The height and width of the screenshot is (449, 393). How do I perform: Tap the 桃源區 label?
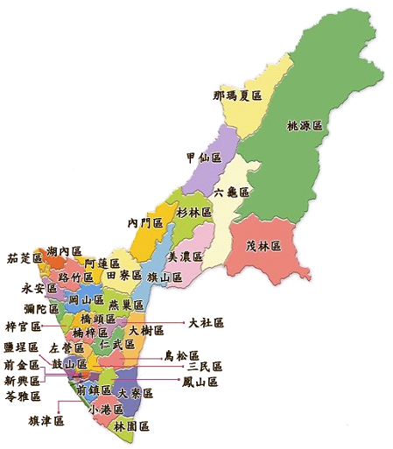click(305, 126)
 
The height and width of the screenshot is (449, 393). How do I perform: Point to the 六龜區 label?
click(233, 192)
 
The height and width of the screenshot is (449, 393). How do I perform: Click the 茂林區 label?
click(263, 245)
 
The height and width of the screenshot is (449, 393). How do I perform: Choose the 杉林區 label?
click(194, 213)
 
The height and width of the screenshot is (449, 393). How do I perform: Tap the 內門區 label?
click(145, 223)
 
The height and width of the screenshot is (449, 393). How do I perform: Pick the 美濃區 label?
click(185, 256)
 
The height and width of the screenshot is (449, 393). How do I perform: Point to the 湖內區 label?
click(64, 251)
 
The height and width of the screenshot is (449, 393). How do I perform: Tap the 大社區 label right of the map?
click(207, 323)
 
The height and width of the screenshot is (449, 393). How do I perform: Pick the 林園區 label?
click(130, 425)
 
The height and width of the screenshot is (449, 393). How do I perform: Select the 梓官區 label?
click(23, 326)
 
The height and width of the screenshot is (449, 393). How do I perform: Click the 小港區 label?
click(105, 409)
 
